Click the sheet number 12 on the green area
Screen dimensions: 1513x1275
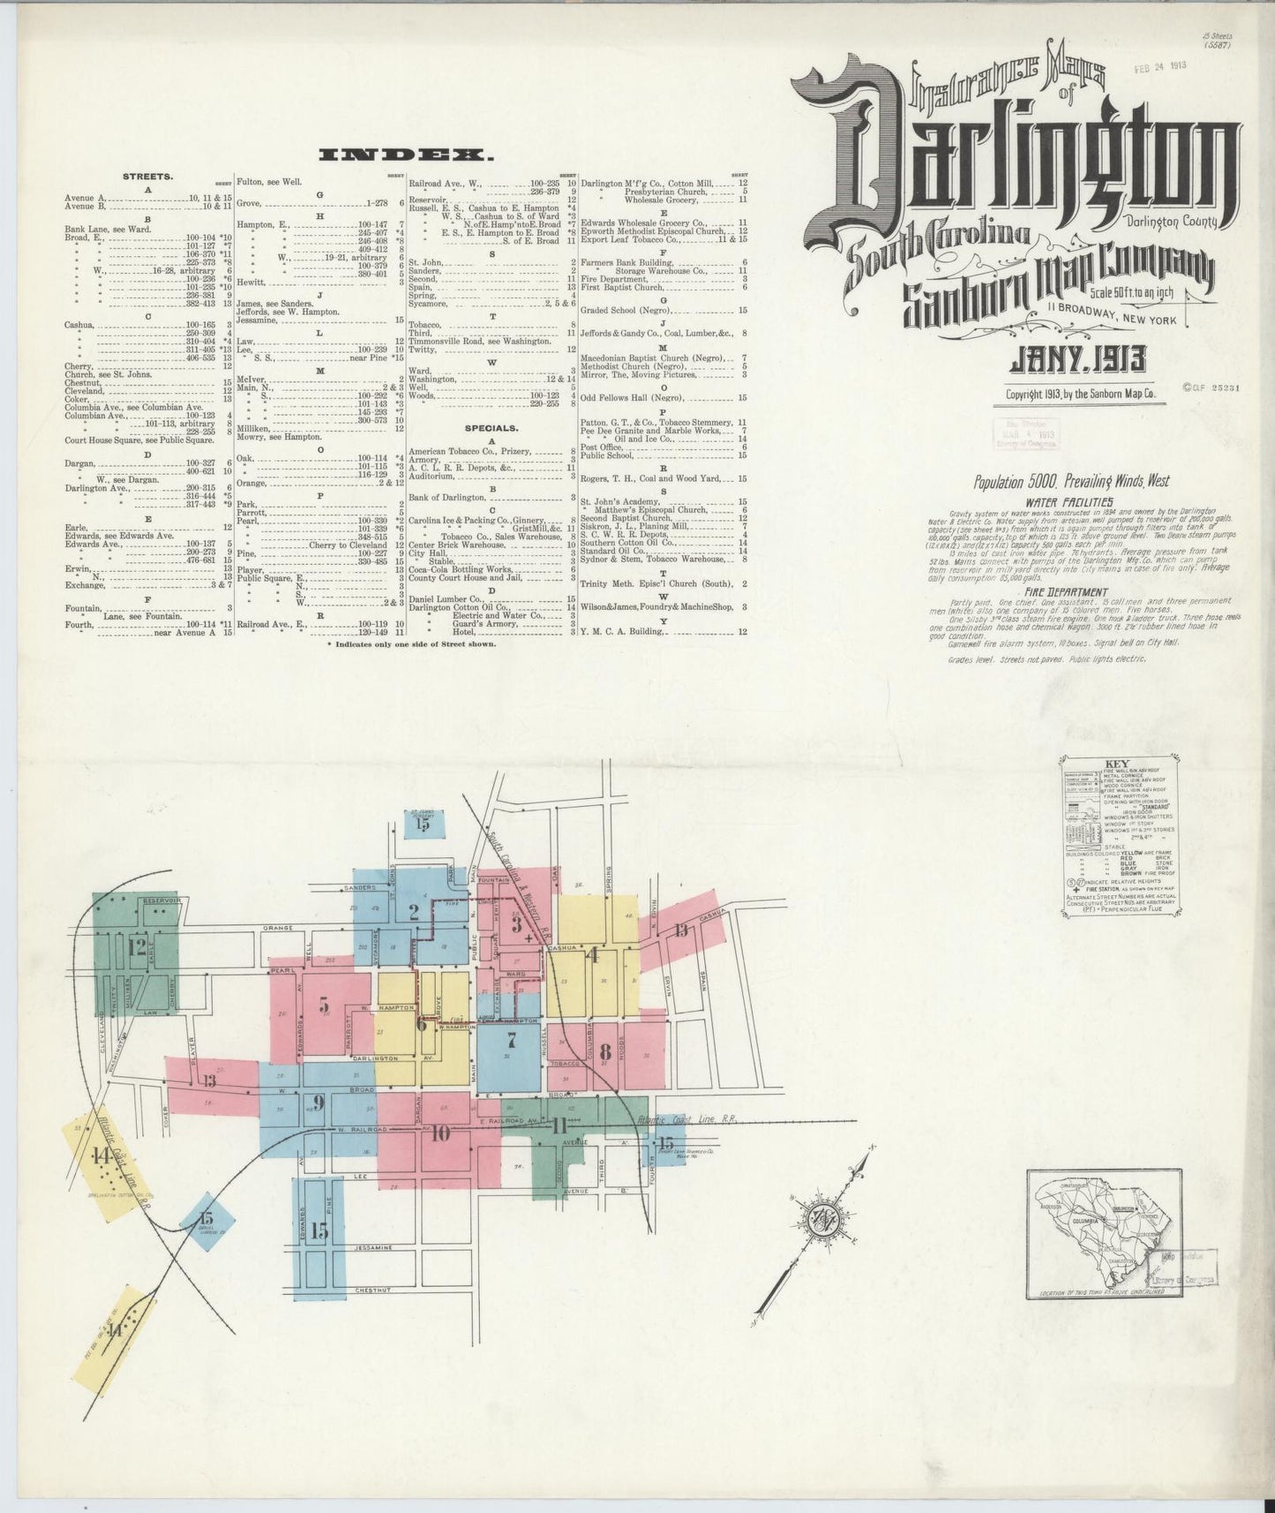[137, 947]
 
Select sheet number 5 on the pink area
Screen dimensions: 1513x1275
[324, 1004]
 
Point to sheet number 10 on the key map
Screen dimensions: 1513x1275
[440, 1133]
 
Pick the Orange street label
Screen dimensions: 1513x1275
[274, 929]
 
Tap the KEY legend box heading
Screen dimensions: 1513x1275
[1116, 765]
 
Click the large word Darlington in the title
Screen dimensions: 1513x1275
[1015, 168]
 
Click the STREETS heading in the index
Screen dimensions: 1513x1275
[147, 176]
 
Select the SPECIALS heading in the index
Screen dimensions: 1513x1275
[491, 428]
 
